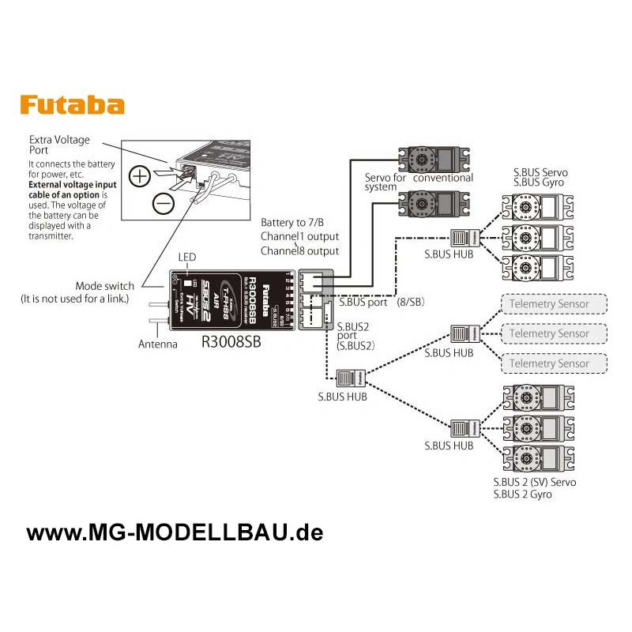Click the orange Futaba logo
coord(72,105)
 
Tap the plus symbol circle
coord(140,175)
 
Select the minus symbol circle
coord(164,204)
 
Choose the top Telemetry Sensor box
coord(554,304)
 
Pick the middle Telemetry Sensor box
coord(554,333)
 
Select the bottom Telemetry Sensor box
coord(554,363)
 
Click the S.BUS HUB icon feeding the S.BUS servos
coord(465,236)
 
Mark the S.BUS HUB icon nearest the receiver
coord(349,378)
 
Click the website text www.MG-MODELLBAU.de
coord(175,532)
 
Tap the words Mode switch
coord(104,286)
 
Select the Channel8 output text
coord(299,250)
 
